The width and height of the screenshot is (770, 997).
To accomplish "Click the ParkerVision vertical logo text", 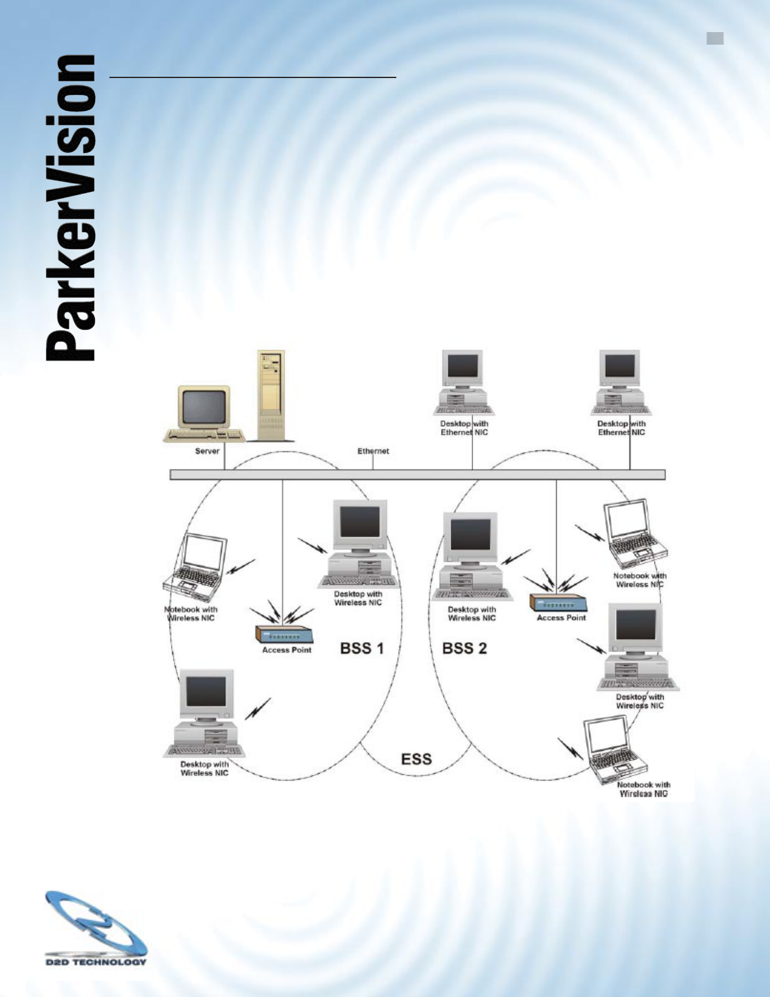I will coord(70,208).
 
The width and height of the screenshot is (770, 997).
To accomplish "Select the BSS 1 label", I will coord(362,648).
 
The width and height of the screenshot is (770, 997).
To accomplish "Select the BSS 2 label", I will coord(464,648).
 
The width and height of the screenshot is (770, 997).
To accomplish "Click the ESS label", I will coord(416,758).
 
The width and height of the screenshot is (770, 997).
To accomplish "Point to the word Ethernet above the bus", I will coord(373,451).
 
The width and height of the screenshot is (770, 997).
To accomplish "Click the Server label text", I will coord(207,451).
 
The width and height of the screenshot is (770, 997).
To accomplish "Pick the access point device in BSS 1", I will coord(286,634).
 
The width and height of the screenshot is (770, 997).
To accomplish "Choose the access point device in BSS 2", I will coord(558,602).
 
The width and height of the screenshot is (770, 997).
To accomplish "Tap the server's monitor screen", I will coord(204,406).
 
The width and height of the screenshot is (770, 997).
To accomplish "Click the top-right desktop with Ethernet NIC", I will coord(620,383).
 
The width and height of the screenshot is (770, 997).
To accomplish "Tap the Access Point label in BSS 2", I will coord(561,618).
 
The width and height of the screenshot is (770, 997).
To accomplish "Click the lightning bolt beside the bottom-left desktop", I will coord(258,709).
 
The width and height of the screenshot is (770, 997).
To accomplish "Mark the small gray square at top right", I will coord(715,39).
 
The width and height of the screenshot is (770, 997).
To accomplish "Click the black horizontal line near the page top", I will coord(252,77).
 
